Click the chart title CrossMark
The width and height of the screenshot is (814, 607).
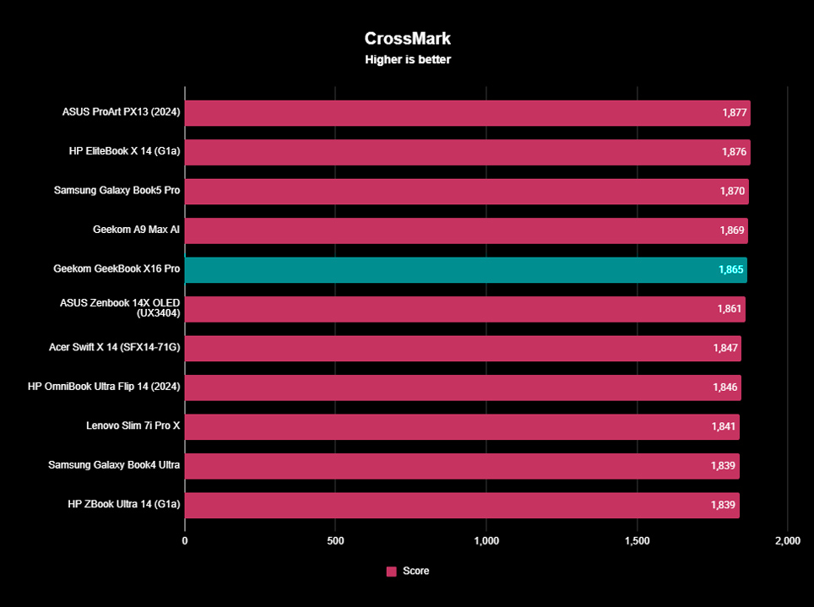[407, 39]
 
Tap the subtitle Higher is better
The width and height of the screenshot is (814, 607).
[407, 60]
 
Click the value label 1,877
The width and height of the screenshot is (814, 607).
[735, 113]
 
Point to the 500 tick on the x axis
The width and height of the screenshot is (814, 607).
[335, 540]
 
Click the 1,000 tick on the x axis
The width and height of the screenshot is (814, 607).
[486, 540]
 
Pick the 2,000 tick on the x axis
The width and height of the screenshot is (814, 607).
[787, 540]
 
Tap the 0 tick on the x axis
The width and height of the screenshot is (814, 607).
[185, 540]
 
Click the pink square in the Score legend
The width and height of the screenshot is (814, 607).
[391, 572]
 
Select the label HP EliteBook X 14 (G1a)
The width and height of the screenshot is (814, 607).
[124, 152]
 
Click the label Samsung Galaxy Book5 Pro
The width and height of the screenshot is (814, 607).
[117, 191]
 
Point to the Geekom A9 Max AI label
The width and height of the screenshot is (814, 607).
[136, 230]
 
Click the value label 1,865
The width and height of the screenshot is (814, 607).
[731, 270]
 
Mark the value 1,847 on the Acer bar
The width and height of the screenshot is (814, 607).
[725, 348]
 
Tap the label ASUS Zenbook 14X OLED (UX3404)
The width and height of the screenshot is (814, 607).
[120, 308]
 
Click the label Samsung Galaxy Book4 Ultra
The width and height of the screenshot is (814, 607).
[114, 465]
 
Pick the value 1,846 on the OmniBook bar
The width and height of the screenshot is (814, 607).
[725, 388]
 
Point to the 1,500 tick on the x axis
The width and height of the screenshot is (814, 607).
[637, 540]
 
